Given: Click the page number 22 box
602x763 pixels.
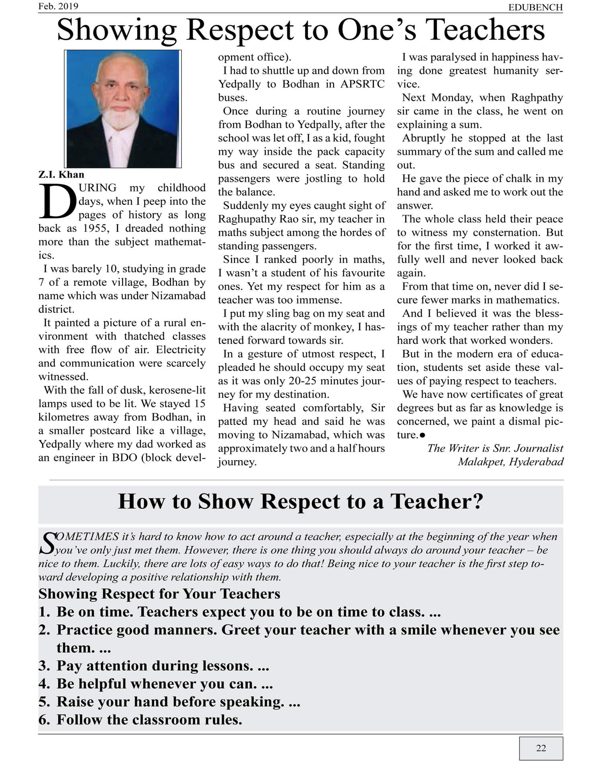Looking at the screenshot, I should click(x=541, y=748).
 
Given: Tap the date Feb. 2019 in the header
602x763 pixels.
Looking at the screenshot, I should click(x=58, y=6).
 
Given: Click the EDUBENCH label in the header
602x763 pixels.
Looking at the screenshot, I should click(x=535, y=7).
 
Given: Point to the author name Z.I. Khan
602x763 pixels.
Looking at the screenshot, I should click(x=61, y=175).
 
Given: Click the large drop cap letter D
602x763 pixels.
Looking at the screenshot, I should click(x=57, y=202).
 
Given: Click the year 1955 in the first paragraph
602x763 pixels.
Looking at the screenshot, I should click(x=96, y=228).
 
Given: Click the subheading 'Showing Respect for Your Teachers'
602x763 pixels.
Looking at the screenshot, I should click(x=159, y=594).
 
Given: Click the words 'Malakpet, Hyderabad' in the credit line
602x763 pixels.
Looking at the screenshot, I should click(x=510, y=462).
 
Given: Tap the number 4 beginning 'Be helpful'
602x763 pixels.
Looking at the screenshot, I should click(x=43, y=683).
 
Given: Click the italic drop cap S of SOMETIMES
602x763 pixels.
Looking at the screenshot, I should click(x=47, y=543).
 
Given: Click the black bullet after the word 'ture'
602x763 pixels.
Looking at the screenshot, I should click(x=423, y=435).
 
